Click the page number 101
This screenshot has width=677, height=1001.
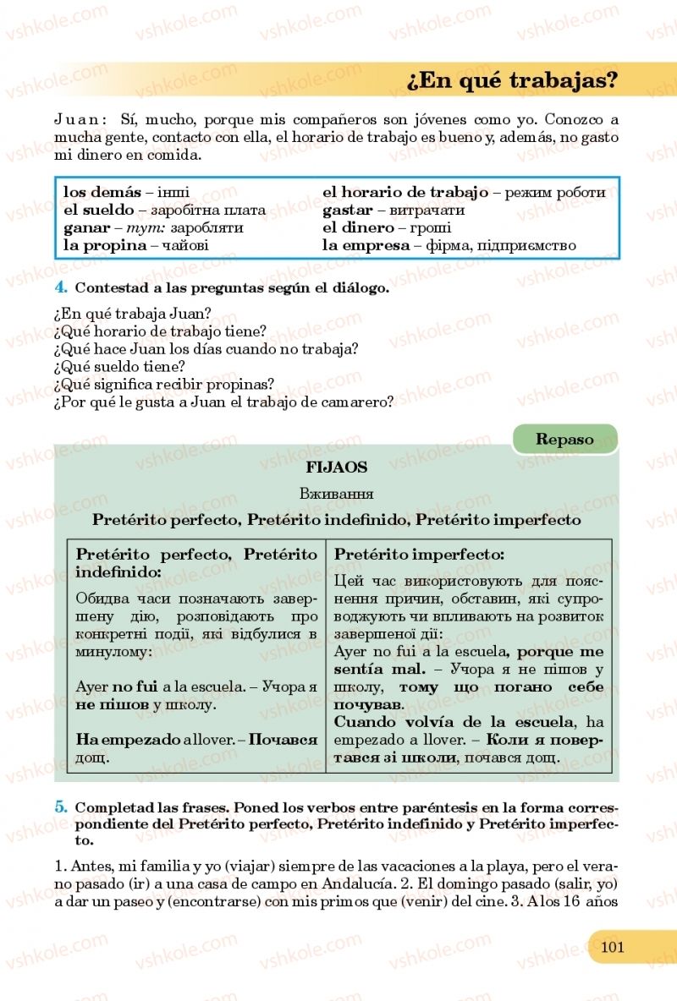[612, 946]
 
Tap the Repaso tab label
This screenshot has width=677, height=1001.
[564, 440]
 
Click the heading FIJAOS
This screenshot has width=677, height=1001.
[337, 467]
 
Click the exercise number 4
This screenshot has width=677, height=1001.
[60, 287]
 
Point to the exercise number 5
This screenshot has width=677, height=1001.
[60, 807]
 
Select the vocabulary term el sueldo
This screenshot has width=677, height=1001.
[99, 210]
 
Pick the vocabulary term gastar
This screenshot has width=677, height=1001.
[348, 210]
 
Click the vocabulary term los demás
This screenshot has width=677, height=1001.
[102, 192]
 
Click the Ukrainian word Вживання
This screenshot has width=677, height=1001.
[337, 494]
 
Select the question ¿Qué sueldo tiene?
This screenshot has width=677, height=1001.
[118, 366]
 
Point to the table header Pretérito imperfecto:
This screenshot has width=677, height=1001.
[420, 555]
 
